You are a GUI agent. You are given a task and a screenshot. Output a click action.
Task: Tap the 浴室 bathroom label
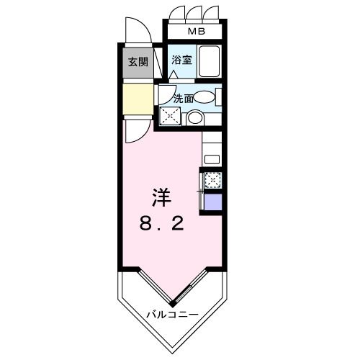(182, 60)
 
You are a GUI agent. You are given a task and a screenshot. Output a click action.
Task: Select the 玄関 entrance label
(138, 61)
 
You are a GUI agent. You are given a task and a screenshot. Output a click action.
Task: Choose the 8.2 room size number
(161, 224)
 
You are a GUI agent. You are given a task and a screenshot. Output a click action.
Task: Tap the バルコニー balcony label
(173, 313)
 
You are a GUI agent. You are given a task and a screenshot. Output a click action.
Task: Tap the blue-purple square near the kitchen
(213, 202)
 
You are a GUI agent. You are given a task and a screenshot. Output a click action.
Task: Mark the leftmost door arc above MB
(178, 14)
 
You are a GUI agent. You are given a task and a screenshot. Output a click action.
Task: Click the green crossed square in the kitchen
(213, 180)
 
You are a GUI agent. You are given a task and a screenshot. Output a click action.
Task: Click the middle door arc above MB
(195, 14)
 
